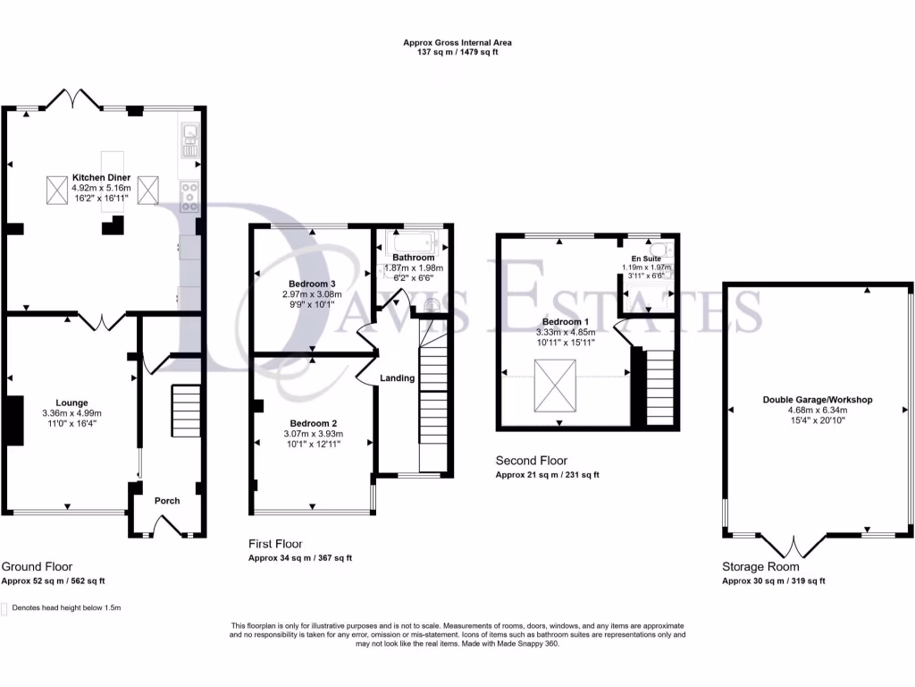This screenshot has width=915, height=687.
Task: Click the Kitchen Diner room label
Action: coord(102,177)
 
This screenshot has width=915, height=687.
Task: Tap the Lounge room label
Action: coord(71,403)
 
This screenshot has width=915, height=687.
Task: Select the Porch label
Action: coord(168,501)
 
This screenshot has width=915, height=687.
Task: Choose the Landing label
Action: coord(398,378)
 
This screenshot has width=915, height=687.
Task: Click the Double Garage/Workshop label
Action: coord(817,400)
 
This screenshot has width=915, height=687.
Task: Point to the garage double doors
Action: coord(793,544)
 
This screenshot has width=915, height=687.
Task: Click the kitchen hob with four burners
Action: coord(190,196)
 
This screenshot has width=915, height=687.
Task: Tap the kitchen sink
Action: coord(190,141)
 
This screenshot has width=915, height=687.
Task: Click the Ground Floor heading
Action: coord(37,566)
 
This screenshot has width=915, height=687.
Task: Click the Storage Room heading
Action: coord(760,566)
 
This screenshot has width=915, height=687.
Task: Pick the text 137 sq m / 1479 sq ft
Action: coord(457,53)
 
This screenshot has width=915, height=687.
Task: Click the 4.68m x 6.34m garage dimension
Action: coord(817,411)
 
